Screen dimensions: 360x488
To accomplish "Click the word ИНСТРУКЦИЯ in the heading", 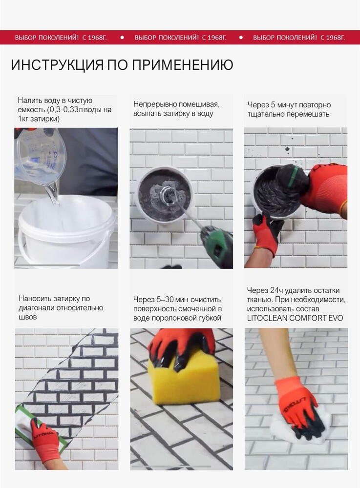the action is click(x=57, y=65).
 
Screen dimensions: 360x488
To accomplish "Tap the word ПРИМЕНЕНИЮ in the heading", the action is click(x=183, y=65).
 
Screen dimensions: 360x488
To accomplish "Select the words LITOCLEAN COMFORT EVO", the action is click(x=295, y=318).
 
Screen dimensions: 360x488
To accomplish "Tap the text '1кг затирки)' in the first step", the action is click(x=39, y=119).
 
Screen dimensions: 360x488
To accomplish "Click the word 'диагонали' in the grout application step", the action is click(x=39, y=308).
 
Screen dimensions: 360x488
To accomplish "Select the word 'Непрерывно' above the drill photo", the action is click(x=152, y=104).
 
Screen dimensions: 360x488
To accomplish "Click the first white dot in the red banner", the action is click(x=122, y=38).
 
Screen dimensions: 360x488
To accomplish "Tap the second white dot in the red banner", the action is click(x=241, y=38).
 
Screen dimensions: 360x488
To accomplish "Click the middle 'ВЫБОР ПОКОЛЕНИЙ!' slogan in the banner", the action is click(x=167, y=38).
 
